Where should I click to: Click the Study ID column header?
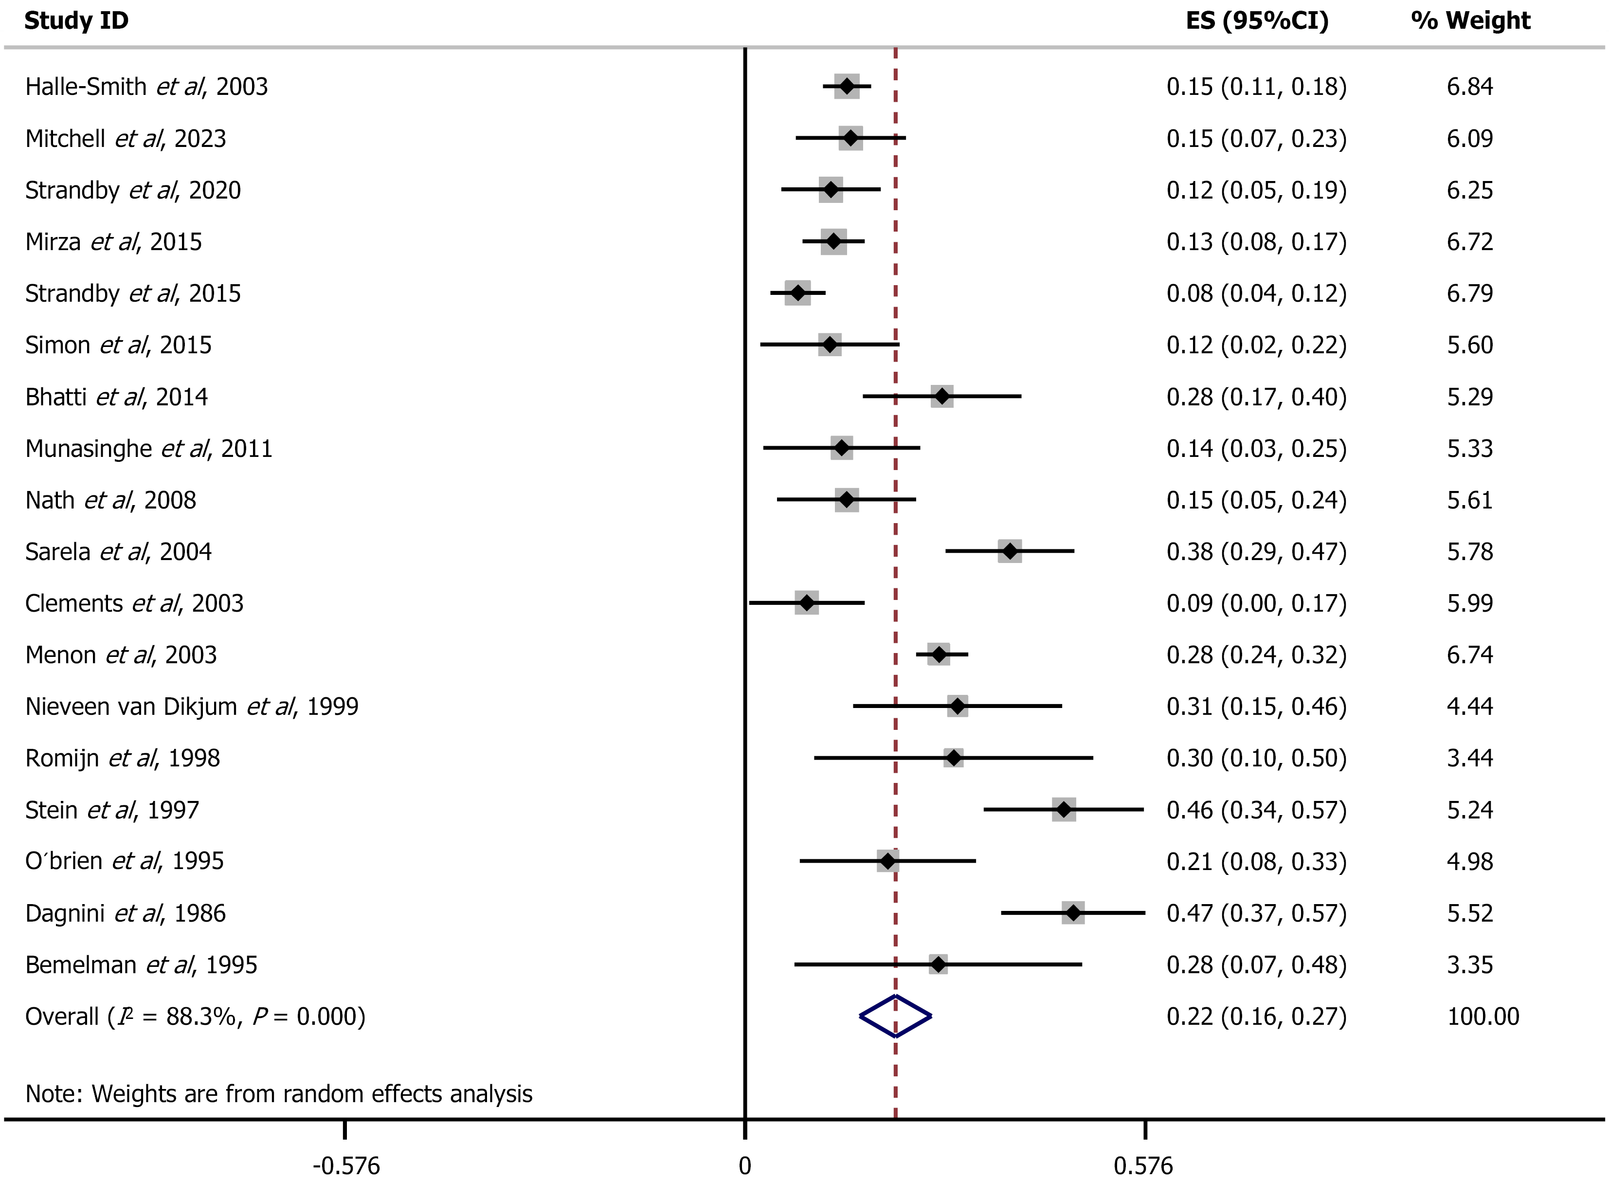coord(76,21)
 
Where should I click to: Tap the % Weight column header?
coord(1470,21)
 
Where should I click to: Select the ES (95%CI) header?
coord(1257,21)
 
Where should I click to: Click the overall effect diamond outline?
coord(895,1016)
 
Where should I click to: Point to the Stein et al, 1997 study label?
coord(112,810)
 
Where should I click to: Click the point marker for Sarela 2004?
coord(1009,551)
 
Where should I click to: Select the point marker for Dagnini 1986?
coord(1073,912)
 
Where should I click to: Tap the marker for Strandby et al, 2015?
coord(798,293)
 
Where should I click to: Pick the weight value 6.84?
coord(1470,87)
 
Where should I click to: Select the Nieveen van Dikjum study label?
coord(191,707)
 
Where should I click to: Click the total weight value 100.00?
coord(1482,1016)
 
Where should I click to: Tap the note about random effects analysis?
coord(278,1093)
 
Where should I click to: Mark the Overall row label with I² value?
coord(195,1016)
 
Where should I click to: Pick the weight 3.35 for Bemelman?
coord(1470,964)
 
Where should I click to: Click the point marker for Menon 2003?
coord(939,654)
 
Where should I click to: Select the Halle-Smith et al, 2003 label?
coord(146,87)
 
